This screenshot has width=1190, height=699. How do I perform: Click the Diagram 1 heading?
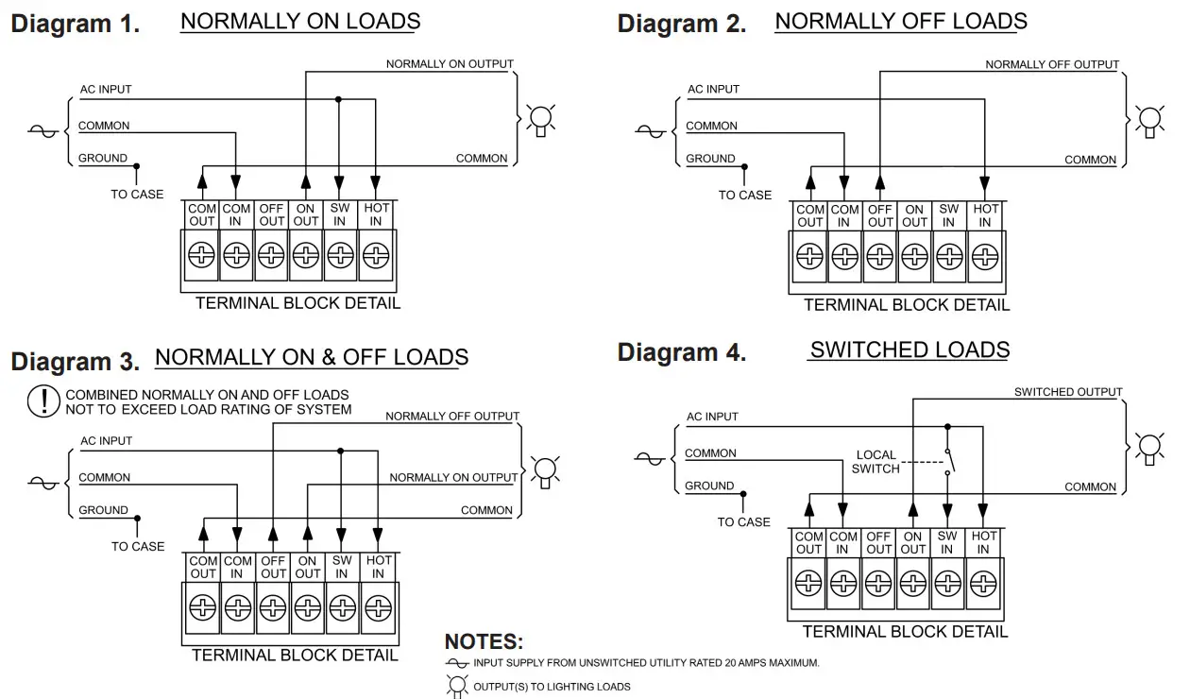(x=76, y=25)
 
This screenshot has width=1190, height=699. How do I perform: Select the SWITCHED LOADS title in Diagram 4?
(x=909, y=350)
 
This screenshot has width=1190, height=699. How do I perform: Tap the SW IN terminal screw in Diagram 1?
(x=341, y=254)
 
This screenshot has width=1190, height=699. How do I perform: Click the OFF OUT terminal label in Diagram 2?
(x=880, y=216)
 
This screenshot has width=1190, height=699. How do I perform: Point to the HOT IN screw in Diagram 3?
(x=378, y=606)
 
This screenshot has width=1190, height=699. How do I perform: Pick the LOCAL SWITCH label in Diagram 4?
(x=875, y=462)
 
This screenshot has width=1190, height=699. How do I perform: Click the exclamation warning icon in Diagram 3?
(x=43, y=401)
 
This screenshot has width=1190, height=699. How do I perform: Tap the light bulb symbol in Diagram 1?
(x=540, y=121)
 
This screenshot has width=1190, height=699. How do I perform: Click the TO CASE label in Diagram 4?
(x=743, y=522)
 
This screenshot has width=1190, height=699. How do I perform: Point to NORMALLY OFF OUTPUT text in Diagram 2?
(x=1052, y=65)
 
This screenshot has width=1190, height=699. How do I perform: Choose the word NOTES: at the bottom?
(x=484, y=642)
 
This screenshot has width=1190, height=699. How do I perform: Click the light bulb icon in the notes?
(x=458, y=686)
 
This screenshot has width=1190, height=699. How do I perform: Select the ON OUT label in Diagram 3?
(x=308, y=567)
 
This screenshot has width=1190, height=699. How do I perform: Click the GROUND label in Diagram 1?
(x=103, y=159)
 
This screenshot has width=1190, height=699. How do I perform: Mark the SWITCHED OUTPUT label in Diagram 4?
(x=1068, y=392)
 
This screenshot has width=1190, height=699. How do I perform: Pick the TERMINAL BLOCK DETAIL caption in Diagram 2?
(x=906, y=305)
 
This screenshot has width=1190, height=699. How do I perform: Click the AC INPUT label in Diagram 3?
(x=106, y=441)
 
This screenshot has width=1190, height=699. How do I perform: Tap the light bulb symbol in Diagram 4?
(x=1148, y=447)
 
